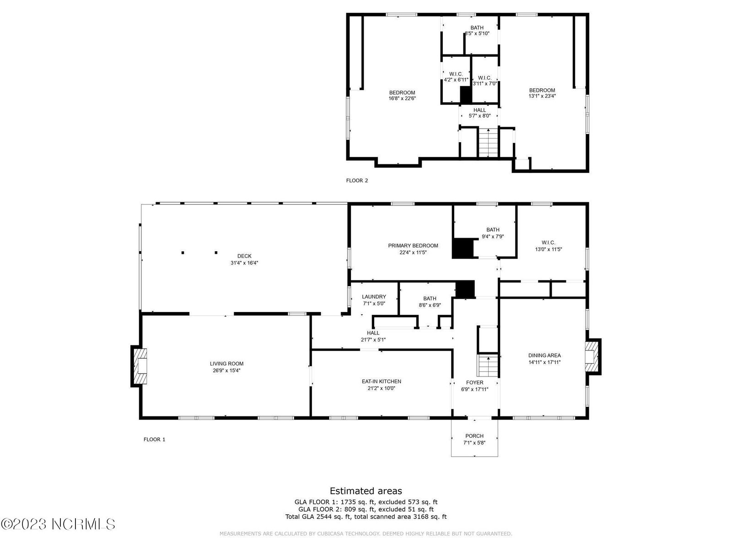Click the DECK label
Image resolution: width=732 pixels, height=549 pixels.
244,256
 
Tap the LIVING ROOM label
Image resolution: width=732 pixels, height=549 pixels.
226,364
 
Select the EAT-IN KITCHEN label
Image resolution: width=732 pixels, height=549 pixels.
382,382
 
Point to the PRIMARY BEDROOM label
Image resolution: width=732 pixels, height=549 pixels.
413,246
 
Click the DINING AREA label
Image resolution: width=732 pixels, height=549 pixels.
544,355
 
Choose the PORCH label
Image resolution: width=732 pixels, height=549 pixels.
474,436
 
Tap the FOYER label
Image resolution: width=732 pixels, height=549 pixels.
474,382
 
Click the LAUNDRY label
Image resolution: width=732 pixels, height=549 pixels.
374,296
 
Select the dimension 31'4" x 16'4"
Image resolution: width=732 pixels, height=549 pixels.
244,263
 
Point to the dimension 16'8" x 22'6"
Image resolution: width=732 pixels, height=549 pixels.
402,98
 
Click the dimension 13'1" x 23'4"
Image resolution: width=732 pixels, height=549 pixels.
542,96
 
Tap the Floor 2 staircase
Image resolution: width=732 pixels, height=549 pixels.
489,142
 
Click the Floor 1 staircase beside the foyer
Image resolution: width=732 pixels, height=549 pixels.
488,366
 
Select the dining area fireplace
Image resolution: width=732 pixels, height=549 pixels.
592,357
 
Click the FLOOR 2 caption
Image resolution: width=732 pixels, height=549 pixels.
357,181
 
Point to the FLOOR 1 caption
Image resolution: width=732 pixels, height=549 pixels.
154,439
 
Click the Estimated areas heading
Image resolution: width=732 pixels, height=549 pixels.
366,491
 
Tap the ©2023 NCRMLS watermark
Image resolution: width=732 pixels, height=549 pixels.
58,524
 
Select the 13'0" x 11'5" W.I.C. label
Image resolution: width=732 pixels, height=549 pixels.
548,246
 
